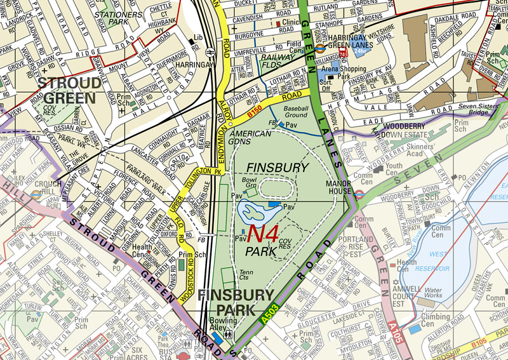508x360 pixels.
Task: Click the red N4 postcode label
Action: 262,232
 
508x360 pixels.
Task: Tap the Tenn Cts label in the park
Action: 246,274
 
